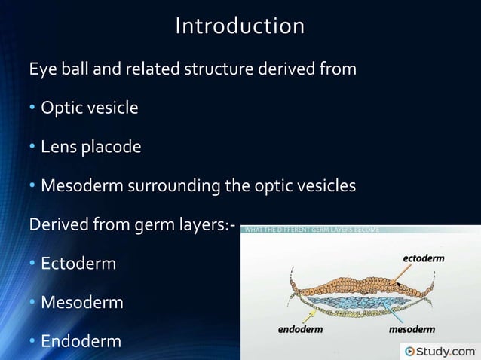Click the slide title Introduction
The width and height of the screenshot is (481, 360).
tap(240, 26)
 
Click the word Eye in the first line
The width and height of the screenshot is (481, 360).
tap(40, 70)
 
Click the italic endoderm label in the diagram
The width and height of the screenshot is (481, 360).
tap(299, 328)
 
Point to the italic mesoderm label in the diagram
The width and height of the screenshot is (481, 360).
tap(414, 328)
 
